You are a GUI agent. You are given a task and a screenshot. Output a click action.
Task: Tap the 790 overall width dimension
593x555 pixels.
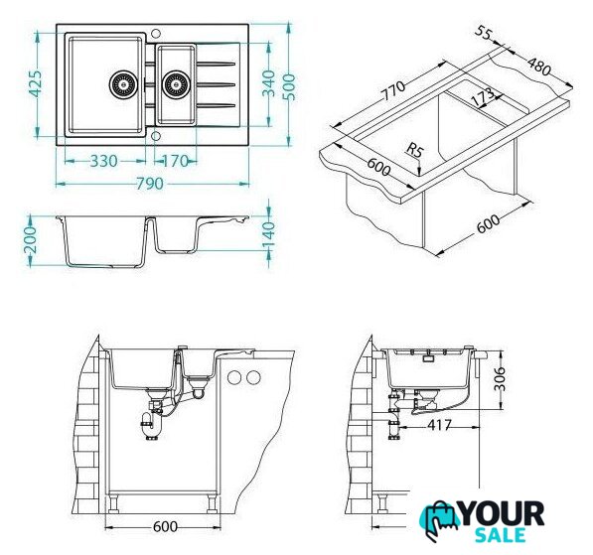click(x=150, y=184)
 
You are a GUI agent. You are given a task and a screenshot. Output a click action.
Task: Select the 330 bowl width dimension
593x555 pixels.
click(x=104, y=162)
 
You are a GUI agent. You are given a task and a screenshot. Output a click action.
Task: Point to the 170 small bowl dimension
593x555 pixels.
click(x=175, y=162)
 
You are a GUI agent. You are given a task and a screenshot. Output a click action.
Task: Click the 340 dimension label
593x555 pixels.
click(x=268, y=83)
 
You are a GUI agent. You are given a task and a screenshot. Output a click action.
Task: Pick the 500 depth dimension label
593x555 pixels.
click(x=289, y=87)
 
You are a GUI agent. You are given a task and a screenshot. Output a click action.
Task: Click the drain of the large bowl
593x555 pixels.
click(x=122, y=84)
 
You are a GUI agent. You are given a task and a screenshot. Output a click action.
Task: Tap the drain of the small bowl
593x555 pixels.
click(x=175, y=84)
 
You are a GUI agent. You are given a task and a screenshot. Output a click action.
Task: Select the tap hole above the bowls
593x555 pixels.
click(x=155, y=33)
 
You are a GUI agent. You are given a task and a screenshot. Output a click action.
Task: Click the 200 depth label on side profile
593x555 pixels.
click(x=30, y=240)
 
